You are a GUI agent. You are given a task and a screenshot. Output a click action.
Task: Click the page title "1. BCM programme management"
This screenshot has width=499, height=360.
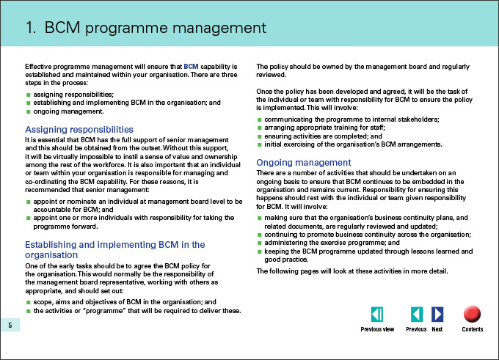point(145,29)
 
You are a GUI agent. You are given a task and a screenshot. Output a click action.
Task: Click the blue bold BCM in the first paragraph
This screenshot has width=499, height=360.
point(191,67)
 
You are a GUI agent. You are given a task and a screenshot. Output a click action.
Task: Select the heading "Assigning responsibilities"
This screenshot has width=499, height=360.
point(79,129)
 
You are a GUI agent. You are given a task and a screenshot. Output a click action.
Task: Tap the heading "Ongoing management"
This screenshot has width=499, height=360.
point(304,162)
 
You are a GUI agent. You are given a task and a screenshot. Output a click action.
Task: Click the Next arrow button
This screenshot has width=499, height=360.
point(437,315)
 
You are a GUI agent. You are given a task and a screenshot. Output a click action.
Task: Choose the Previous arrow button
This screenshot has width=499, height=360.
point(416,315)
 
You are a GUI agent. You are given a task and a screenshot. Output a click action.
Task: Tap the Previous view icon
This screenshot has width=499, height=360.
point(377,315)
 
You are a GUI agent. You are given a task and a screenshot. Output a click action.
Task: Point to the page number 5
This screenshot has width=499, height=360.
point(10,326)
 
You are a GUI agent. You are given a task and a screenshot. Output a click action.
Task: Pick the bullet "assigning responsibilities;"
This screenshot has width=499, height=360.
point(73,95)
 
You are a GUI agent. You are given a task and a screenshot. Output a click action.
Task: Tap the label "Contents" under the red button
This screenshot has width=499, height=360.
point(472,329)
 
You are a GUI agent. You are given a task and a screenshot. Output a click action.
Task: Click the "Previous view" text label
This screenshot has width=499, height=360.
point(377,329)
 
